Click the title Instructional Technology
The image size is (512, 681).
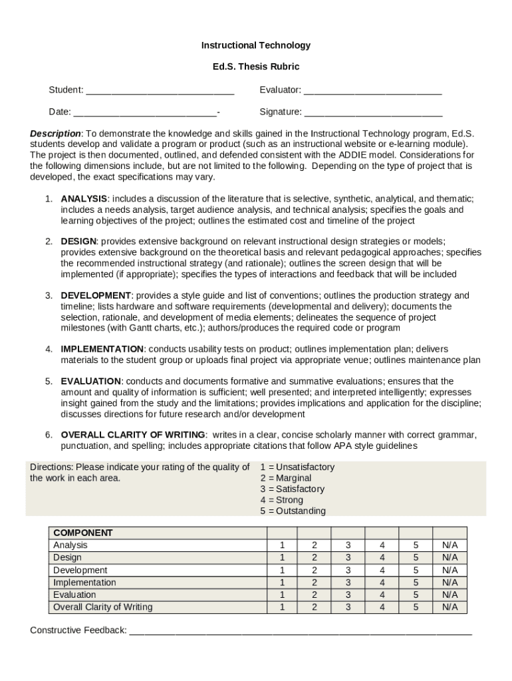click(x=256, y=45)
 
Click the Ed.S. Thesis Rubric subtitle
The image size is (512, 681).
click(x=256, y=67)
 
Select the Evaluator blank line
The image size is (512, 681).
click(x=372, y=91)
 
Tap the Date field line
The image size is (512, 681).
click(x=145, y=112)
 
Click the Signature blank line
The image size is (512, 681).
click(x=373, y=112)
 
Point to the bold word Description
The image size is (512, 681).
click(x=55, y=134)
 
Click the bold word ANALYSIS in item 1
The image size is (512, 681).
click(x=84, y=199)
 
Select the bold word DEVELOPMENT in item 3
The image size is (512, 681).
click(x=96, y=295)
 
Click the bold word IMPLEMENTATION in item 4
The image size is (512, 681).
click(x=102, y=349)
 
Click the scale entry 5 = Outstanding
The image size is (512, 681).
click(x=293, y=511)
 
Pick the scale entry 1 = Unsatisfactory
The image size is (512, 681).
click(x=297, y=467)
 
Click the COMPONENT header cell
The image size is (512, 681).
click(x=83, y=533)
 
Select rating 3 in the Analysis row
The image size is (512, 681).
click(x=348, y=545)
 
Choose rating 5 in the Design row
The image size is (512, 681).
click(x=416, y=557)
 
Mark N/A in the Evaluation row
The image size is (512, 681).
click(x=450, y=595)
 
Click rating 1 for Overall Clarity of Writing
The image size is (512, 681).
click(x=282, y=607)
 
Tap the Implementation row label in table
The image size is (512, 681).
click(x=84, y=583)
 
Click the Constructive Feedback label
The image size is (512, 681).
click(x=78, y=630)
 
